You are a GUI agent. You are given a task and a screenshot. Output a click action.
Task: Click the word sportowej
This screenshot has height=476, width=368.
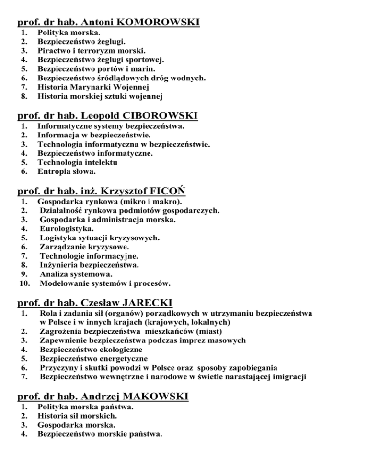[143, 60]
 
